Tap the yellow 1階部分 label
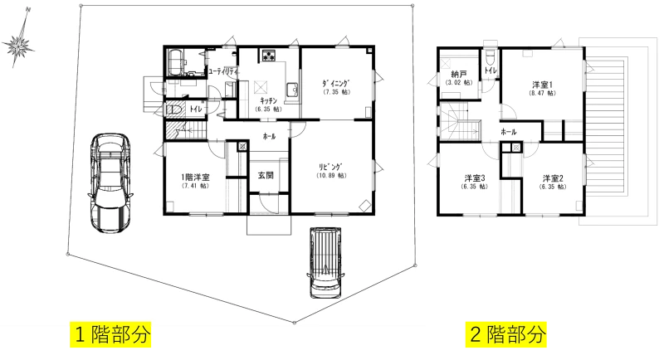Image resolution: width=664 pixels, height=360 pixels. click(110, 334)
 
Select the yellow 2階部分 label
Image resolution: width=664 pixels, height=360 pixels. click(506, 334)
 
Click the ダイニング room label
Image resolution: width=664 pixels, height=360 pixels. click(337, 83)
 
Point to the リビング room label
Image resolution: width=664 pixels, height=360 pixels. click(331, 167)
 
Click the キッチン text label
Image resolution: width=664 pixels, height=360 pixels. click(268, 100)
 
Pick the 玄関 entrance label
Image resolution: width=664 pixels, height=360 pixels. click(266, 175)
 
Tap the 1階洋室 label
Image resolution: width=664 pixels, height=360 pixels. click(195, 178)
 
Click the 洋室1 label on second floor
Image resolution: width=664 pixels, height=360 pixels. click(543, 85)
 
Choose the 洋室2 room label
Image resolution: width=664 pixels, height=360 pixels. click(553, 178)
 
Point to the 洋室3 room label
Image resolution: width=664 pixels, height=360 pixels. click(475, 178)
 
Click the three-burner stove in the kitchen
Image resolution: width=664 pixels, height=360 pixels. click(268, 55)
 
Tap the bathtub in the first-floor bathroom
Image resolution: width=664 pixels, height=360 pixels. click(176, 62)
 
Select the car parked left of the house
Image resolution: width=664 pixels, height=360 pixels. click(110, 182)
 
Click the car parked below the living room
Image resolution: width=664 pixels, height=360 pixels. click(325, 263)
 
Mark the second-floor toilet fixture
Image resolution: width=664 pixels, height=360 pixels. click(491, 56)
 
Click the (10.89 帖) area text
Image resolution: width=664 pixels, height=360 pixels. click(331, 176)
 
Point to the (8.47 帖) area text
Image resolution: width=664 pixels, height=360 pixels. click(543, 93)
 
